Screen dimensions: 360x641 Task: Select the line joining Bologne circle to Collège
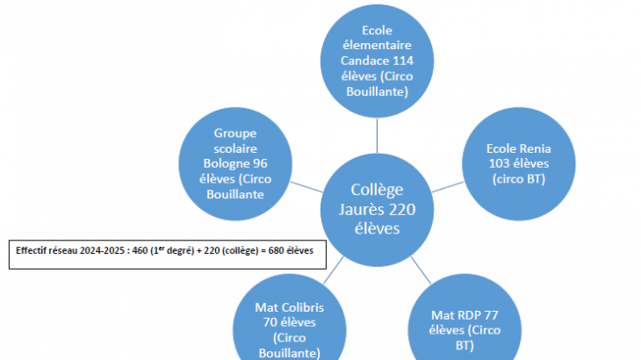click(x=307, y=186)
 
